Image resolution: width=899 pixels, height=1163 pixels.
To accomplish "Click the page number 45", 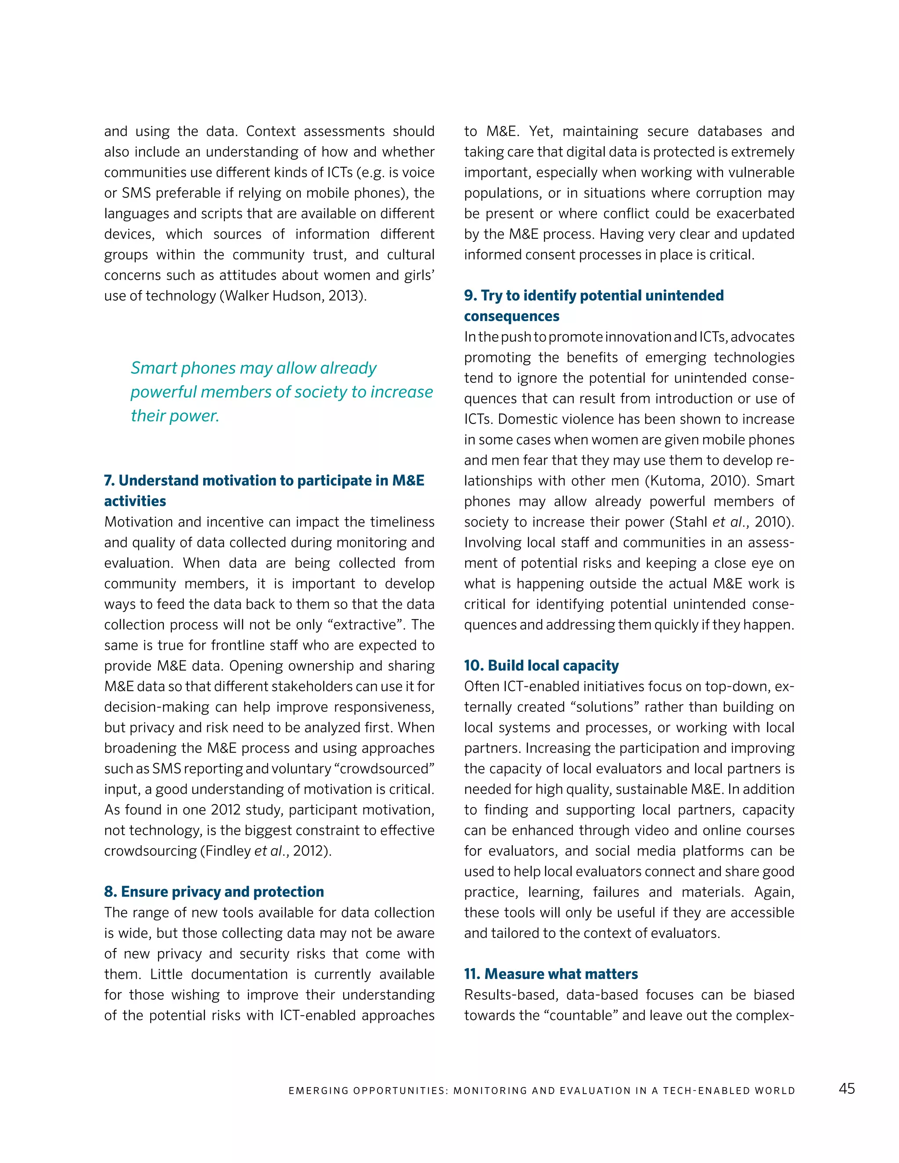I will click(846, 1088).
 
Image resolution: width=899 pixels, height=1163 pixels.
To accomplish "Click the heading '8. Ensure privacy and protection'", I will click(214, 891).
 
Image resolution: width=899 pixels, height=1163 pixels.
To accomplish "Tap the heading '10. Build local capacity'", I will click(541, 666).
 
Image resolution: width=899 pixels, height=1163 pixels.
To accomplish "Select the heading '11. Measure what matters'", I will click(551, 974).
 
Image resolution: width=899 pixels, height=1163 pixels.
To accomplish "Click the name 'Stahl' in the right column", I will click(691, 522).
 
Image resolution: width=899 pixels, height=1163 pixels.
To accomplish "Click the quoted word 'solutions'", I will click(604, 707).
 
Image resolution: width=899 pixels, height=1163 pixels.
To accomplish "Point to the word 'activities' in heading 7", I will click(135, 501).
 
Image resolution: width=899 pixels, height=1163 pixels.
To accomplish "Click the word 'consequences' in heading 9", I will click(511, 316).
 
